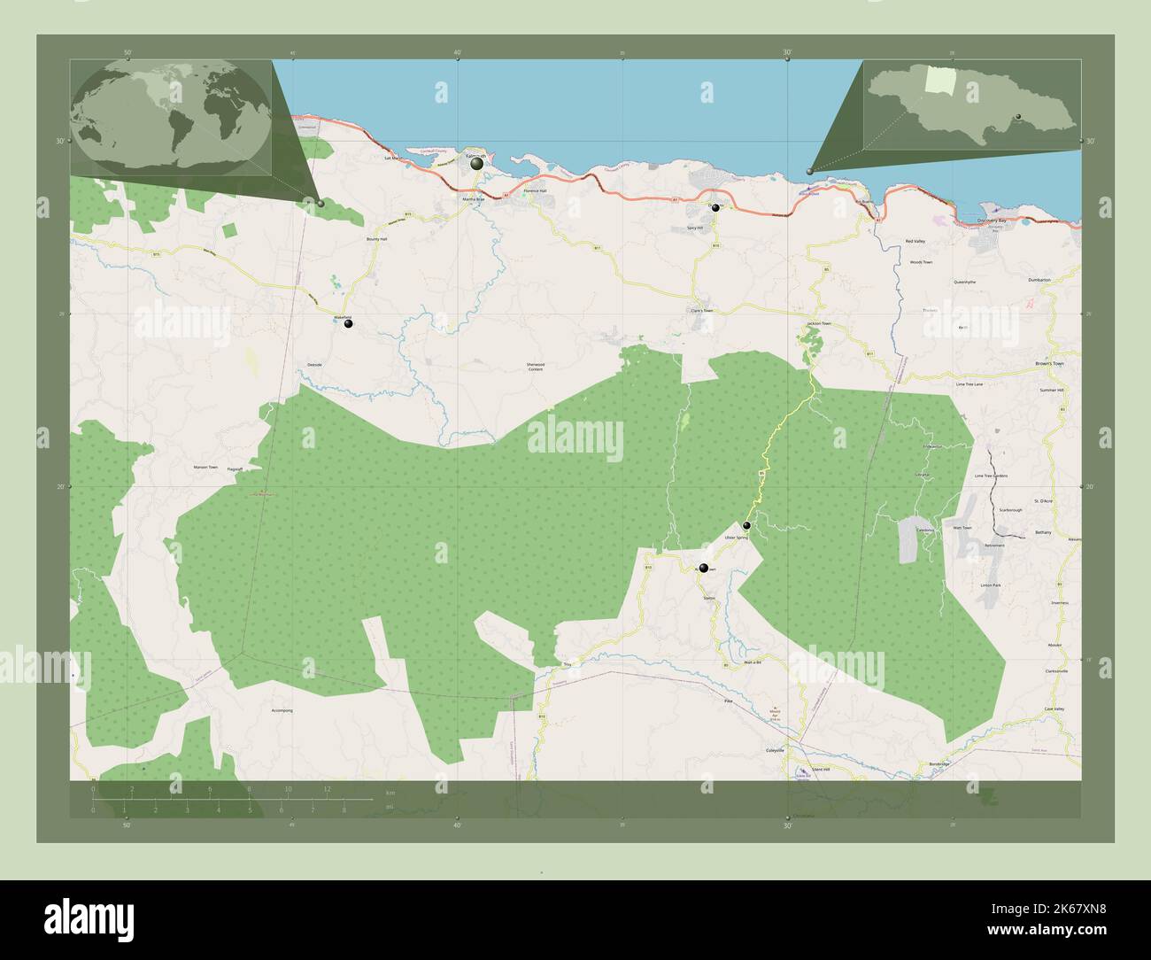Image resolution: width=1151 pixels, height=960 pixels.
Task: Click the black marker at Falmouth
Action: pyautogui.click(x=477, y=164)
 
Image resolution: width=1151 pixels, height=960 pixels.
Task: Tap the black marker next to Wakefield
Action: pyautogui.click(x=349, y=324)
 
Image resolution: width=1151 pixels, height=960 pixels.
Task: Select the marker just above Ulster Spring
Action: pyautogui.click(x=746, y=525)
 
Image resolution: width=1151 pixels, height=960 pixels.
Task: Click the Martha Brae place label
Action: pyautogui.click(x=474, y=199)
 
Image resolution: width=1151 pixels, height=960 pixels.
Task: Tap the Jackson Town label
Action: pyautogui.click(x=818, y=324)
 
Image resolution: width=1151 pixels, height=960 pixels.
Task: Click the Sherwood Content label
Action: pyautogui.click(x=535, y=367)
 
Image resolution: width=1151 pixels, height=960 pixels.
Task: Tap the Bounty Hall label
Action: pyautogui.click(x=377, y=240)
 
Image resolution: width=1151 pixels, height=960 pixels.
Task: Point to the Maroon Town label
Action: pyautogui.click(x=205, y=467)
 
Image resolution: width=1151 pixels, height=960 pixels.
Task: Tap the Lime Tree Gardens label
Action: pyautogui.click(x=991, y=476)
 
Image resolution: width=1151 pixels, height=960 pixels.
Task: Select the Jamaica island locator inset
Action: pyautogui.click(x=971, y=105)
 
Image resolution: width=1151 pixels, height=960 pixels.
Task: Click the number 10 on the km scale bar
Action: pyautogui.click(x=288, y=788)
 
